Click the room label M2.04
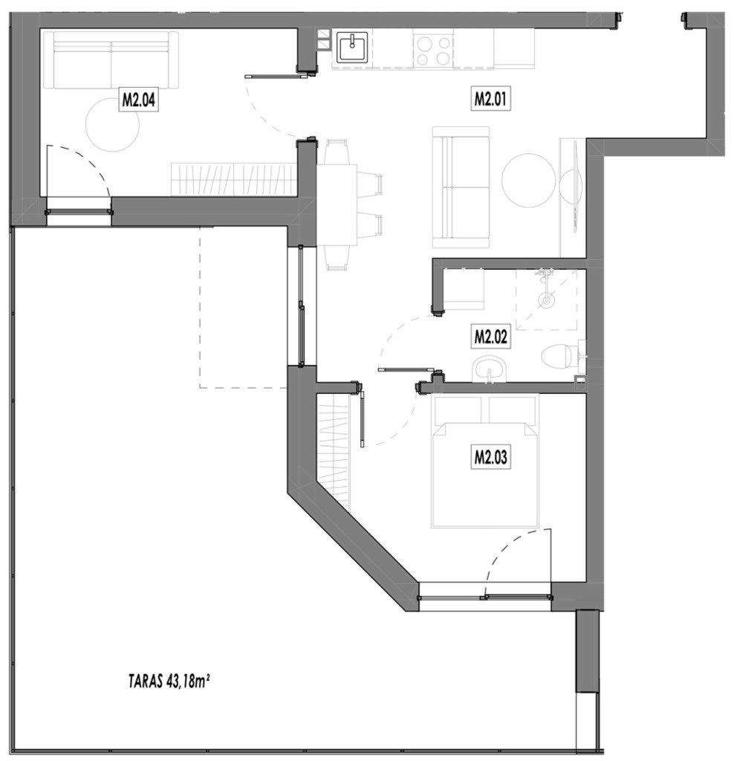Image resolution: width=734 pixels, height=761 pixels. coord(138,100)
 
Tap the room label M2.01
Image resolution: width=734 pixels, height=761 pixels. coord(490,99)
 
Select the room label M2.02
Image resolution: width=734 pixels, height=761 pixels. coord(490,337)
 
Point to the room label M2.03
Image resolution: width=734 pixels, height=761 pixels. coord(490,457)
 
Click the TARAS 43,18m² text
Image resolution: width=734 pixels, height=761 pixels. coord(169,681)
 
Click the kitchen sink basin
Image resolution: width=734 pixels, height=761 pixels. coord(352,48)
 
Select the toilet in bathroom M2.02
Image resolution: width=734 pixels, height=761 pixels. coord(560,356)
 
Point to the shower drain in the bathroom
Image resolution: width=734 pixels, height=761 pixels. coord(546,300)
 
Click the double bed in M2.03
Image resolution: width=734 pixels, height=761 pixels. coord(484,461)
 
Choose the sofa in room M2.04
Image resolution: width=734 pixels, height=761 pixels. coord(111,60)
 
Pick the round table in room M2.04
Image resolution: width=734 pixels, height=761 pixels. coord(112,124)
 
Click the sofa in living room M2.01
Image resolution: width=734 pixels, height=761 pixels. coord(461,188)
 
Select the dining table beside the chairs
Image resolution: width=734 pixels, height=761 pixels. coord(337,205)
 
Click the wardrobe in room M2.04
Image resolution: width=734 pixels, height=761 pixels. coord(233,179)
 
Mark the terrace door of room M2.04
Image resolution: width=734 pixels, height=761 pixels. coord(78,212)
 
